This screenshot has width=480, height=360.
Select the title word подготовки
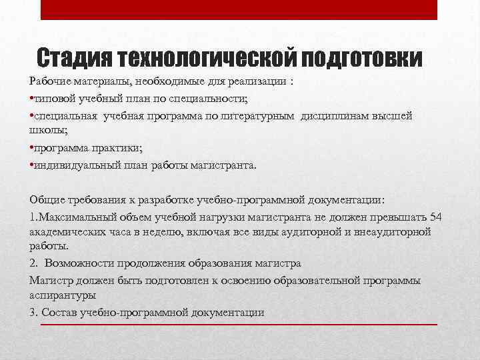(x=362, y=59)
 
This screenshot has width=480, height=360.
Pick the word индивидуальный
(x=71, y=164)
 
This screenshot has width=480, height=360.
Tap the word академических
(x=70, y=232)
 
